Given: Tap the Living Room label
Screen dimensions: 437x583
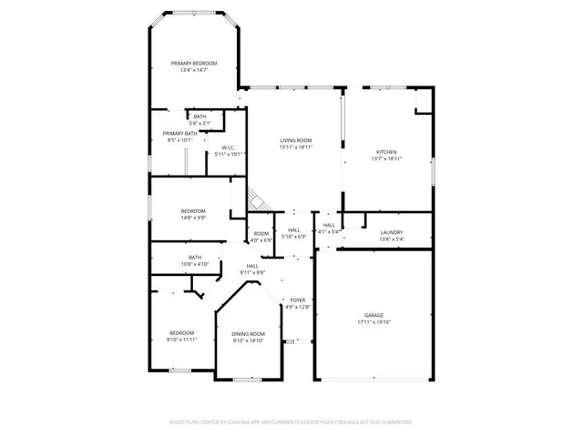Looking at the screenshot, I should tap(295, 140).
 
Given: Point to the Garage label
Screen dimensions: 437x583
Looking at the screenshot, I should tap(374, 316).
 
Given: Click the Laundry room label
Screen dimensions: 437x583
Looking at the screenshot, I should tap(392, 232).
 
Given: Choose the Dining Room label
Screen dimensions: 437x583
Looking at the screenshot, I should tap(248, 334).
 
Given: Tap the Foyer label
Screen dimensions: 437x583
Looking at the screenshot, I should tap(297, 300).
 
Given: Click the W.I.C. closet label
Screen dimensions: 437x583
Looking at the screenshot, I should tap(230, 147).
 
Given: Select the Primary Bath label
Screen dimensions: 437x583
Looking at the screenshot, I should tap(173, 133).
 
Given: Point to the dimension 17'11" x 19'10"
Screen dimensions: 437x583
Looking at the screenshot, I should tap(374, 323).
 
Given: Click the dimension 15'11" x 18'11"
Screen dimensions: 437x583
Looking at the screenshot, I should tap(295, 147).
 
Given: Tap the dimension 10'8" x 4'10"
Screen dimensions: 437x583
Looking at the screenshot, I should tap(195, 264).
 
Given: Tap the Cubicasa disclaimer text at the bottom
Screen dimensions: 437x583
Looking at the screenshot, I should tap(291, 422).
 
